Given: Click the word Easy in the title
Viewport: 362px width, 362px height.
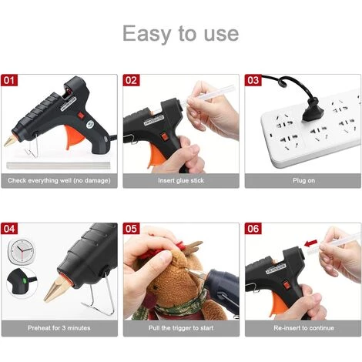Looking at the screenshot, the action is [x=146, y=33].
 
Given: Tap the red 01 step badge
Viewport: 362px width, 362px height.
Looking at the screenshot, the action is [x=9, y=80].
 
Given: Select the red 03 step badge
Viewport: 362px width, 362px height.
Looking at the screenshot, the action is [x=253, y=80].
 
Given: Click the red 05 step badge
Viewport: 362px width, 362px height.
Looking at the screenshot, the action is [x=131, y=229].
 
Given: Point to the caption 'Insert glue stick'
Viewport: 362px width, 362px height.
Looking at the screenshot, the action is [x=181, y=180].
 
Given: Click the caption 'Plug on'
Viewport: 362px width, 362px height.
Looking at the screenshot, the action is [x=303, y=180].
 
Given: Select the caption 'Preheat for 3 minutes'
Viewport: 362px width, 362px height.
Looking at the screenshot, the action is [x=59, y=328].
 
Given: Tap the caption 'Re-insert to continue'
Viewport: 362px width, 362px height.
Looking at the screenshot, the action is [x=303, y=328].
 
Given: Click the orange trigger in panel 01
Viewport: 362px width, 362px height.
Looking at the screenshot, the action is [x=74, y=137].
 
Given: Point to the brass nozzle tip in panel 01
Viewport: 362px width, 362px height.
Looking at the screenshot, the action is [x=10, y=141].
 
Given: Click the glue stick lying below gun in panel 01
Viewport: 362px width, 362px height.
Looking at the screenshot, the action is [x=59, y=166].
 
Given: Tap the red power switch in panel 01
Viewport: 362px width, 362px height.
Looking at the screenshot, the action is [x=81, y=116].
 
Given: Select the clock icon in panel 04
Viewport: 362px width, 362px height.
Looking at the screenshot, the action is [x=22, y=251].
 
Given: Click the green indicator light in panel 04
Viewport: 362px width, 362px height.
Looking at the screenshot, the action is [x=25, y=281].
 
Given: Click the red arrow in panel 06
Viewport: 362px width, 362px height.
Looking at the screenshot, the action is [x=310, y=243].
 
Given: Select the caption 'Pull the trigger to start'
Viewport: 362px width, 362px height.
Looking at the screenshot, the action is [x=181, y=328].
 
